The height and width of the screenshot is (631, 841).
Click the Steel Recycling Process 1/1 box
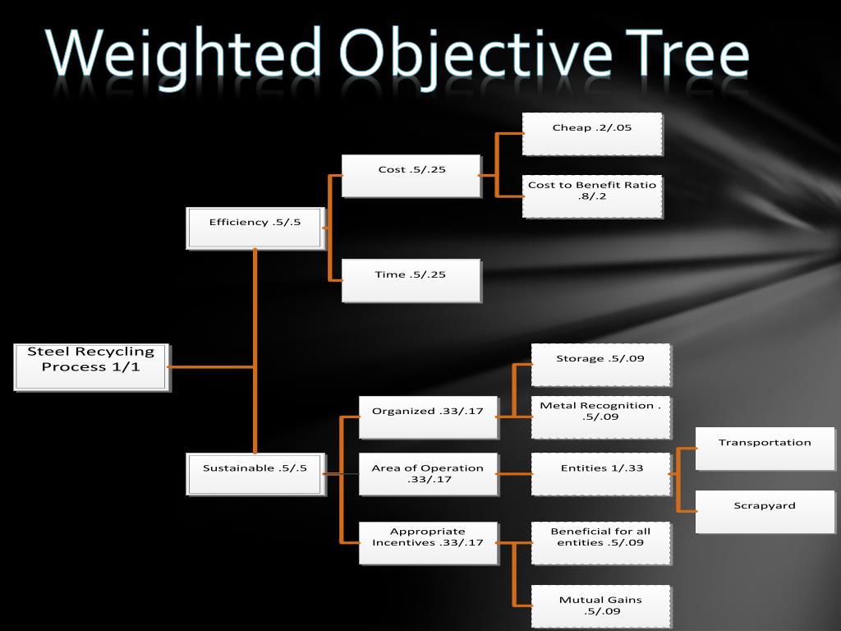pyautogui.click(x=92, y=366)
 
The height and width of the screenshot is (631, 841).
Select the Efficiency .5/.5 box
pyautogui.click(x=255, y=228)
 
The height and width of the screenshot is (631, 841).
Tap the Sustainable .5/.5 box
pyautogui.click(x=255, y=473)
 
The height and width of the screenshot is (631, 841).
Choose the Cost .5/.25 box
pyautogui.click(x=411, y=175)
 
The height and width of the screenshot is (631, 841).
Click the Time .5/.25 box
pyautogui.click(x=411, y=280)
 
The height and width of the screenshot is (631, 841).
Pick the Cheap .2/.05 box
pyautogui.click(x=592, y=134)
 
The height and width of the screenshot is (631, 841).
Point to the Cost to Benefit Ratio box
pyautogui.click(x=592, y=196)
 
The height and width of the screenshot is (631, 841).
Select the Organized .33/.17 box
pyautogui.click(x=428, y=417)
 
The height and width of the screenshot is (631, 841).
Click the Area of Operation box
pyautogui.click(x=428, y=473)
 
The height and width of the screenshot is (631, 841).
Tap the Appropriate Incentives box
pyautogui.click(x=428, y=542)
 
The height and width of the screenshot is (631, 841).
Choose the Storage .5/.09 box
pyautogui.click(x=600, y=365)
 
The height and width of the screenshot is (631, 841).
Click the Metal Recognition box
pyautogui.click(x=600, y=417)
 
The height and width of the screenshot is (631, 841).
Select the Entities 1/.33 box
pyautogui.click(x=600, y=473)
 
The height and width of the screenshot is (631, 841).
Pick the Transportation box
pyautogui.click(x=765, y=448)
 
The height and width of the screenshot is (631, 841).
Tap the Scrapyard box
pyautogui.click(x=765, y=511)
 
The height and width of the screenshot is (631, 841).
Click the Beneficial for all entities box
pyautogui.click(x=600, y=542)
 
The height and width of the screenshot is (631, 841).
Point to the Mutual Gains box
pyautogui.click(x=600, y=606)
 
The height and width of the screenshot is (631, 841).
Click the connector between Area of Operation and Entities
pyautogui.click(x=515, y=474)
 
